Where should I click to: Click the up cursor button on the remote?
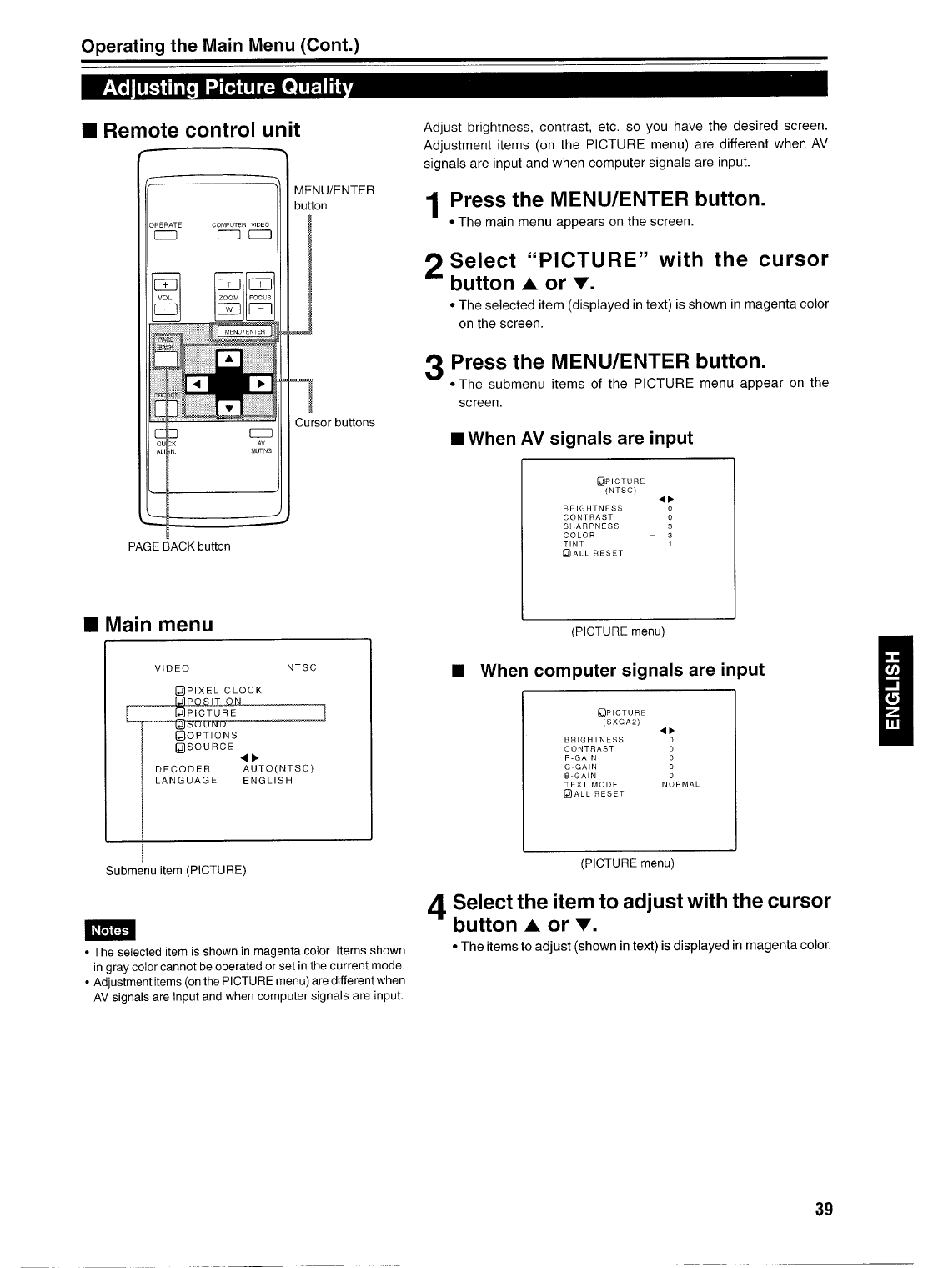pyautogui.click(x=228, y=360)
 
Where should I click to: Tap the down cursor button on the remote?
pyautogui.click(x=228, y=405)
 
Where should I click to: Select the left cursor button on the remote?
pyautogui.click(x=198, y=383)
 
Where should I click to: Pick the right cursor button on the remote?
pyautogui.click(x=260, y=383)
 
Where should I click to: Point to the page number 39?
pyautogui.click(x=824, y=1210)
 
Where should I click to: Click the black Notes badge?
pyautogui.click(x=110, y=930)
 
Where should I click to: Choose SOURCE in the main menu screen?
pyautogui.click(x=205, y=747)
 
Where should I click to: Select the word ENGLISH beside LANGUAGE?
pyautogui.click(x=268, y=781)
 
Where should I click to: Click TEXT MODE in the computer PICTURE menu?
pyautogui.click(x=591, y=785)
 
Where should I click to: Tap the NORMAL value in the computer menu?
pyautogui.click(x=680, y=785)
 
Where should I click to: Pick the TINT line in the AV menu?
pyautogui.click(x=574, y=544)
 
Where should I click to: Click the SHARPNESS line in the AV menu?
pyautogui.click(x=591, y=526)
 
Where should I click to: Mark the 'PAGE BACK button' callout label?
pyautogui.click(x=179, y=546)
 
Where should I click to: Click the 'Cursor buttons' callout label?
pyautogui.click(x=335, y=423)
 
